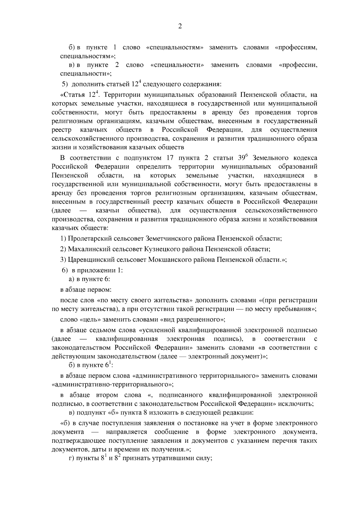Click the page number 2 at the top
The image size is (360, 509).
pos(180,26)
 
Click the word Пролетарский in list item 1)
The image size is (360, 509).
pos(87,239)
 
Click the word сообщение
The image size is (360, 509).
pos(171,432)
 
